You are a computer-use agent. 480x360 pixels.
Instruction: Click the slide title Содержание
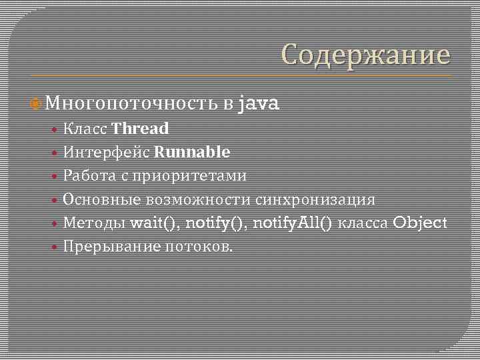click(x=365, y=55)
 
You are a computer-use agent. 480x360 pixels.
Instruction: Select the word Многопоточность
click(x=133, y=103)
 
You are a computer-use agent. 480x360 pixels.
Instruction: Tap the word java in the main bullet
click(x=259, y=103)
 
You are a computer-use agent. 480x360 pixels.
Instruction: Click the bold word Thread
click(x=141, y=128)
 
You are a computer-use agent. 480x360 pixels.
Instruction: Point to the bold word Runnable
click(x=192, y=152)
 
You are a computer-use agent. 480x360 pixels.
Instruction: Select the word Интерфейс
click(x=107, y=152)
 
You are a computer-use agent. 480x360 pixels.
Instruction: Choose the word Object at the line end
click(x=420, y=223)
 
